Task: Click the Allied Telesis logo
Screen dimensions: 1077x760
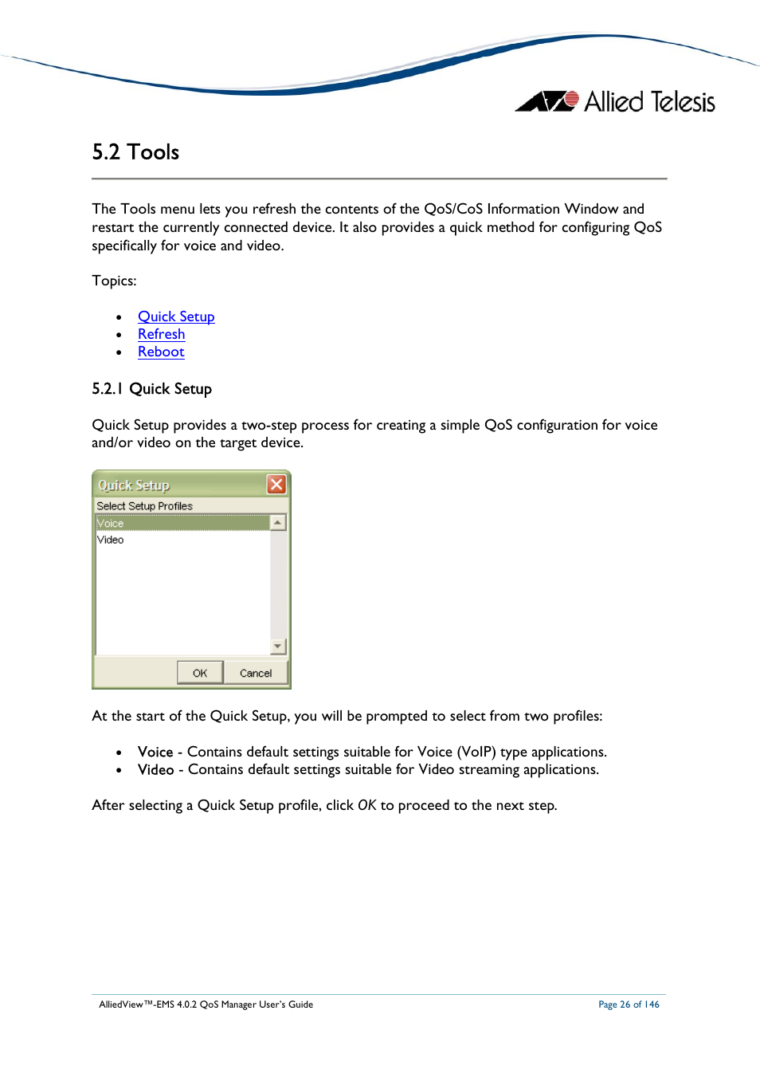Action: point(615,102)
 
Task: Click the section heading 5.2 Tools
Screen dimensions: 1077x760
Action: point(135,152)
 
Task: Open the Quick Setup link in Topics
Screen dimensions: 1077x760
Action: point(176,316)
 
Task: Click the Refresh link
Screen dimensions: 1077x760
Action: point(161,334)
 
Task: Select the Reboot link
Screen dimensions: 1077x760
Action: point(161,352)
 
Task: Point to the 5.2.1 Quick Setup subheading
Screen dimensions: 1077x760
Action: point(151,389)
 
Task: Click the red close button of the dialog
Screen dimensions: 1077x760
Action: point(276,485)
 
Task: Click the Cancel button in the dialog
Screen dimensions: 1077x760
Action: point(255,673)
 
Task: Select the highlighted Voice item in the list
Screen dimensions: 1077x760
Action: point(111,524)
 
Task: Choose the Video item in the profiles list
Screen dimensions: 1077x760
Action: point(111,540)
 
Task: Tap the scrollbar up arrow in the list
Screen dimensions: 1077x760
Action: point(278,523)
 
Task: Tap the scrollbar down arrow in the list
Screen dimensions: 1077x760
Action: point(278,647)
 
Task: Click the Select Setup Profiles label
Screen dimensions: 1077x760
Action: point(144,506)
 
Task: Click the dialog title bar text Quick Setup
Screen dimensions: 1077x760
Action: point(134,485)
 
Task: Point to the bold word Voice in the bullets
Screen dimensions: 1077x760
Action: point(155,752)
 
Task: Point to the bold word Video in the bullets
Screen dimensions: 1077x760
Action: point(155,769)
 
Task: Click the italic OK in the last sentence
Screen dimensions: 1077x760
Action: point(366,805)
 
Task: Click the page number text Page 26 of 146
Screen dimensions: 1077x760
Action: point(629,1004)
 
